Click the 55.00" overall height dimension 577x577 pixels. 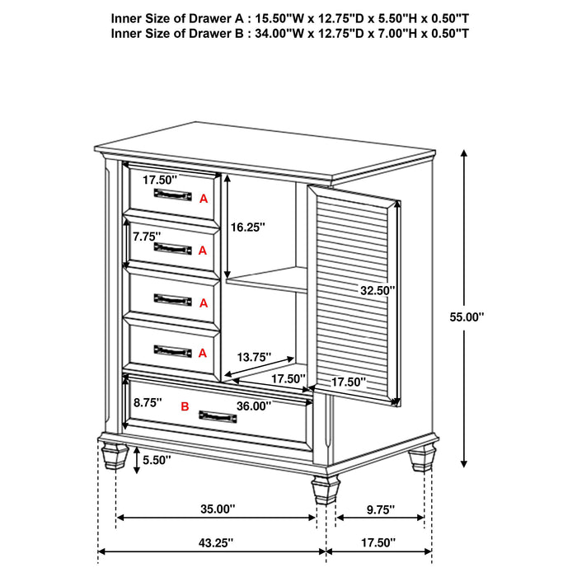469,316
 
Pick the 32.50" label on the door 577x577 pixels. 378,290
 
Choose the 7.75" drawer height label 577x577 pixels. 146,236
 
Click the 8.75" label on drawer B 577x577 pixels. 148,402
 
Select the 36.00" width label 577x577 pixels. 254,406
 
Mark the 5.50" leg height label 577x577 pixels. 156,459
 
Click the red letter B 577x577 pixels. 185,406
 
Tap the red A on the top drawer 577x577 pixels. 203,198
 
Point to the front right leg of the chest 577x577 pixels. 325,490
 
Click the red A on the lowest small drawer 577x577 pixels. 203,353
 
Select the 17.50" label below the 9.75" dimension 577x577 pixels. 378,542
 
